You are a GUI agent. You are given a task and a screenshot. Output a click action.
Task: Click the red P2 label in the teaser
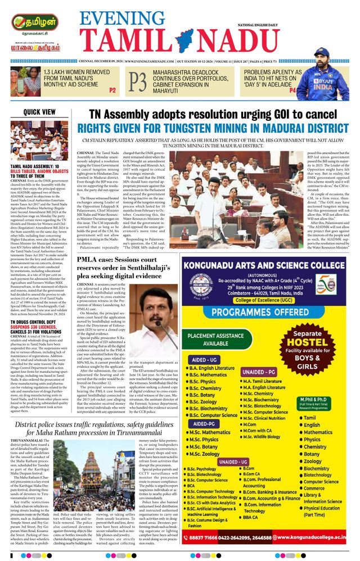tap(112, 90)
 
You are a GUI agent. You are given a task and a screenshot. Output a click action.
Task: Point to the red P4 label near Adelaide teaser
tap(292, 90)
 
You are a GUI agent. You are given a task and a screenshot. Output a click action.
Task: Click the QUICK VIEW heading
tap(39, 112)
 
